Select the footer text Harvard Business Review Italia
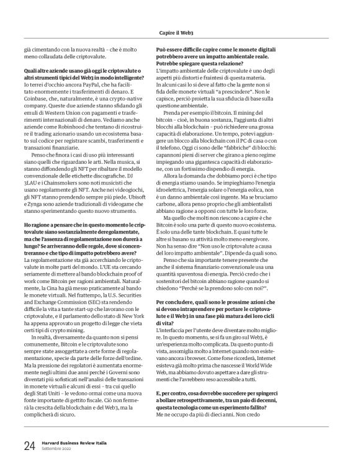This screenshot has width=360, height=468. pos(73,442)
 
